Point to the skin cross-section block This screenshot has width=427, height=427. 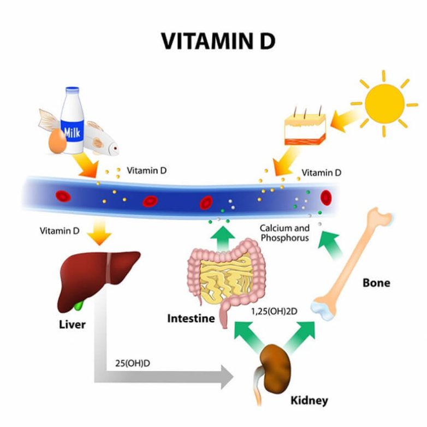click(x=305, y=129)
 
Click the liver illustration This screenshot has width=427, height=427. click(x=98, y=276)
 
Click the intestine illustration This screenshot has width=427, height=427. click(x=224, y=275)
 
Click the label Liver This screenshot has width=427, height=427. click(x=72, y=324)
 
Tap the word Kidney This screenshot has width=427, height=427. click(x=309, y=400)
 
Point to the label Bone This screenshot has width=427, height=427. click(x=376, y=283)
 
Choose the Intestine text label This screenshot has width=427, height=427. click(x=191, y=318)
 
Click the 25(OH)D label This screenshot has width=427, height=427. click(x=132, y=363)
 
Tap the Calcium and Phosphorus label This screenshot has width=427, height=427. click(x=284, y=233)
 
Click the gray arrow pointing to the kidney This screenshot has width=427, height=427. click(x=164, y=377)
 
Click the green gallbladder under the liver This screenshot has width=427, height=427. click(x=80, y=302)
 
